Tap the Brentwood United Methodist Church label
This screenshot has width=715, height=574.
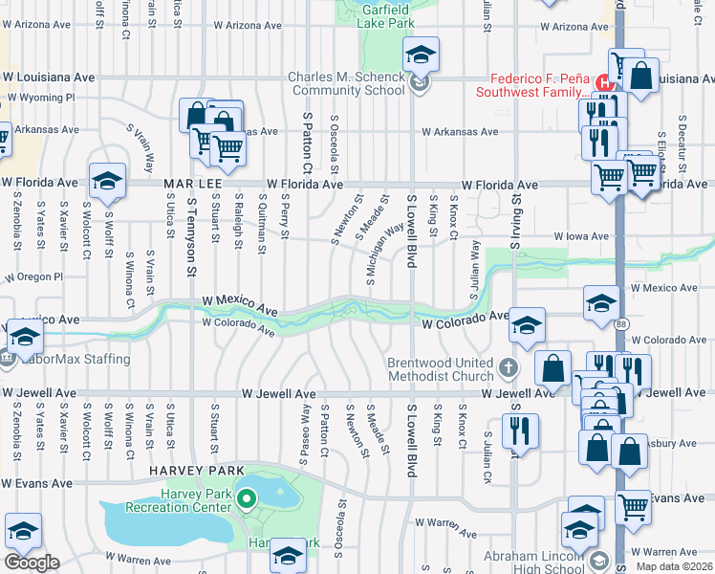tap(440, 370)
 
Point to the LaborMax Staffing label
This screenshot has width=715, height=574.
tap(71, 359)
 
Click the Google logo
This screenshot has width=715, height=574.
tap(32, 563)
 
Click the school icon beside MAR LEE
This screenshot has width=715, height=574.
tap(108, 181)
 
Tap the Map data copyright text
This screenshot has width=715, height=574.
tap(674, 566)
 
